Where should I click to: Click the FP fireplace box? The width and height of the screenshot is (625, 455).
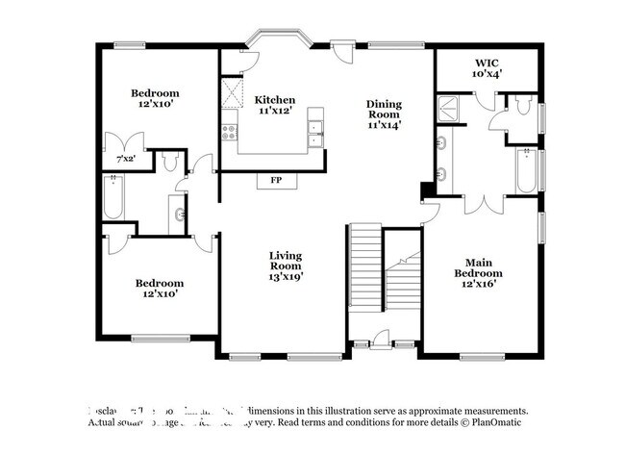tap(276, 180)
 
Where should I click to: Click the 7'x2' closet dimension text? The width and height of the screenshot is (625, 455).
tap(126, 158)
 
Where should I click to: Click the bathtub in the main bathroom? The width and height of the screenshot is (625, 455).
tap(525, 171)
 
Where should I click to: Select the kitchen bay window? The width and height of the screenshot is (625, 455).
tap(276, 41)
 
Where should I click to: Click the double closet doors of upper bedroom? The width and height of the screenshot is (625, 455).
tap(126, 139)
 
